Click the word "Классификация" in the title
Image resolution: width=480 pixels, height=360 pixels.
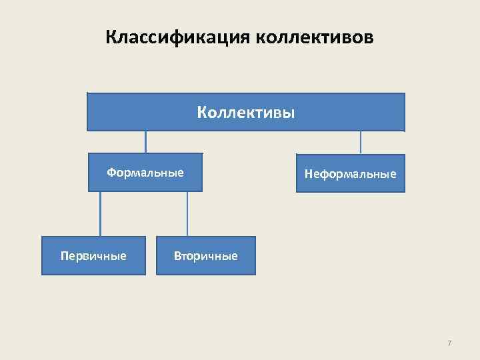pyautogui.click(x=177, y=37)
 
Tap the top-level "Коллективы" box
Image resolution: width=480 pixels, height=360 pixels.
pyautogui.click(x=245, y=112)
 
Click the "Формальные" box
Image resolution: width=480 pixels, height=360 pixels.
pyautogui.click(x=145, y=173)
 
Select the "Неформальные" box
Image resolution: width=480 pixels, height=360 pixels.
pyautogui.click(x=350, y=174)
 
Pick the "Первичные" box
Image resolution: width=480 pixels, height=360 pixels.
pyautogui.click(x=93, y=256)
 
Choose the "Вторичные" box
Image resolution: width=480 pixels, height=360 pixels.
pyautogui.click(x=205, y=256)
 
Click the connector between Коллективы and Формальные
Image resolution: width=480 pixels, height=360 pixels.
pyautogui.click(x=146, y=142)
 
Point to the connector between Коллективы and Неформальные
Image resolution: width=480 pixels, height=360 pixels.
pyautogui.click(x=361, y=142)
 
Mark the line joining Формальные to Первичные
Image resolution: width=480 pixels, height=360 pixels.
pyautogui.click(x=101, y=214)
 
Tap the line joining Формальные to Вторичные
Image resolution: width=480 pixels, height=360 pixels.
pyautogui.click(x=187, y=214)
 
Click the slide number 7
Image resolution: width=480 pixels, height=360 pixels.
pyautogui.click(x=449, y=343)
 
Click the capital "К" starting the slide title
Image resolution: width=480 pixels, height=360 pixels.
pyautogui.click(x=111, y=37)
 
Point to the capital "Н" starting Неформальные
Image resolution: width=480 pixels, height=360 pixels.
pyautogui.click(x=309, y=175)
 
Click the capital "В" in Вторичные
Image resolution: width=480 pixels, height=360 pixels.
pyautogui.click(x=177, y=256)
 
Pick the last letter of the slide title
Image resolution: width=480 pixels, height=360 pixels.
pyautogui.click(x=369, y=38)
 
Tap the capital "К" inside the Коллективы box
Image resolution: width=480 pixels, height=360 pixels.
pyautogui.click(x=201, y=112)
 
